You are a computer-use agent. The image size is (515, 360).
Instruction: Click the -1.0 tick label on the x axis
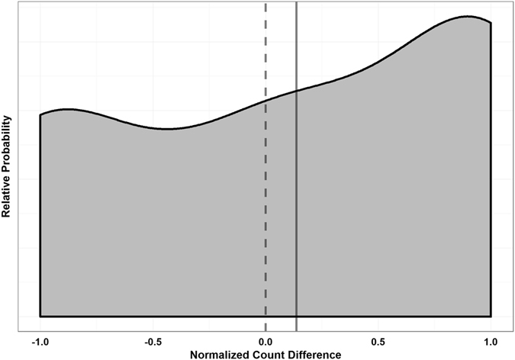point(40,340)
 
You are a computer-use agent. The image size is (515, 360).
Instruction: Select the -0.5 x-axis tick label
point(153,340)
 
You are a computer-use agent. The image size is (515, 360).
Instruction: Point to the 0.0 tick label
point(266,340)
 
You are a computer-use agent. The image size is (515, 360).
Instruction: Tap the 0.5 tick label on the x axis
point(378,340)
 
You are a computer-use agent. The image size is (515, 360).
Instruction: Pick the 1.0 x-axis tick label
point(491,340)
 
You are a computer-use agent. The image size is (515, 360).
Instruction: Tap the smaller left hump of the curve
point(67,109)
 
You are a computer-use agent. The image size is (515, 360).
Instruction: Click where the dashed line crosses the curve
point(266,100)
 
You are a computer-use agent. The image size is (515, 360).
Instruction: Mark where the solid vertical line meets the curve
point(296,91)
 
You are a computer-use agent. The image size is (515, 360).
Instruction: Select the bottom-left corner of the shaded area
point(40,316)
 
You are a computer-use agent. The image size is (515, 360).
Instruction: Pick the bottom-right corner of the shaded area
point(491,316)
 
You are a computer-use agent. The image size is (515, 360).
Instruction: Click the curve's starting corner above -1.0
point(40,114)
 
